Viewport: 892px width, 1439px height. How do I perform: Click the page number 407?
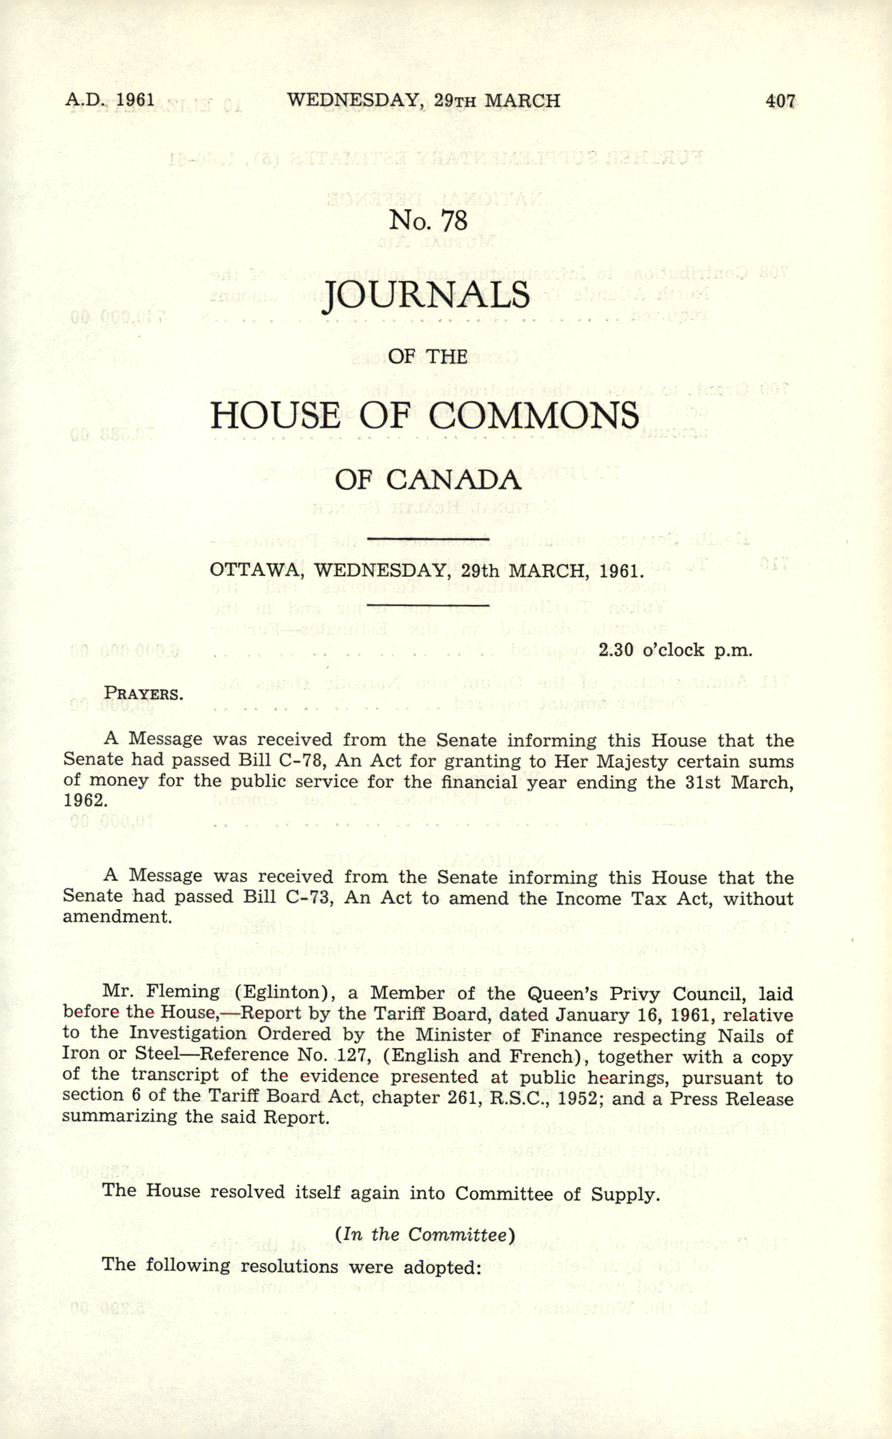[x=780, y=101]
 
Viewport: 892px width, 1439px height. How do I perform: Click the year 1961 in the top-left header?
[x=135, y=99]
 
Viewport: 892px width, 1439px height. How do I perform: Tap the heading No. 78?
[x=428, y=221]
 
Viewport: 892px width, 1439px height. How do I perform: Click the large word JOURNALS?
[x=428, y=296]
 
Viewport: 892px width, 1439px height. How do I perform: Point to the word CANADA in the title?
[x=454, y=480]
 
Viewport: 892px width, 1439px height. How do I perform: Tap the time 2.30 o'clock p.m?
[x=675, y=650]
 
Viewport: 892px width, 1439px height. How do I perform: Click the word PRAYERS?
[x=143, y=694]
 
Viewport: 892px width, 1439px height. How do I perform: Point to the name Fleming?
[x=182, y=992]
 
